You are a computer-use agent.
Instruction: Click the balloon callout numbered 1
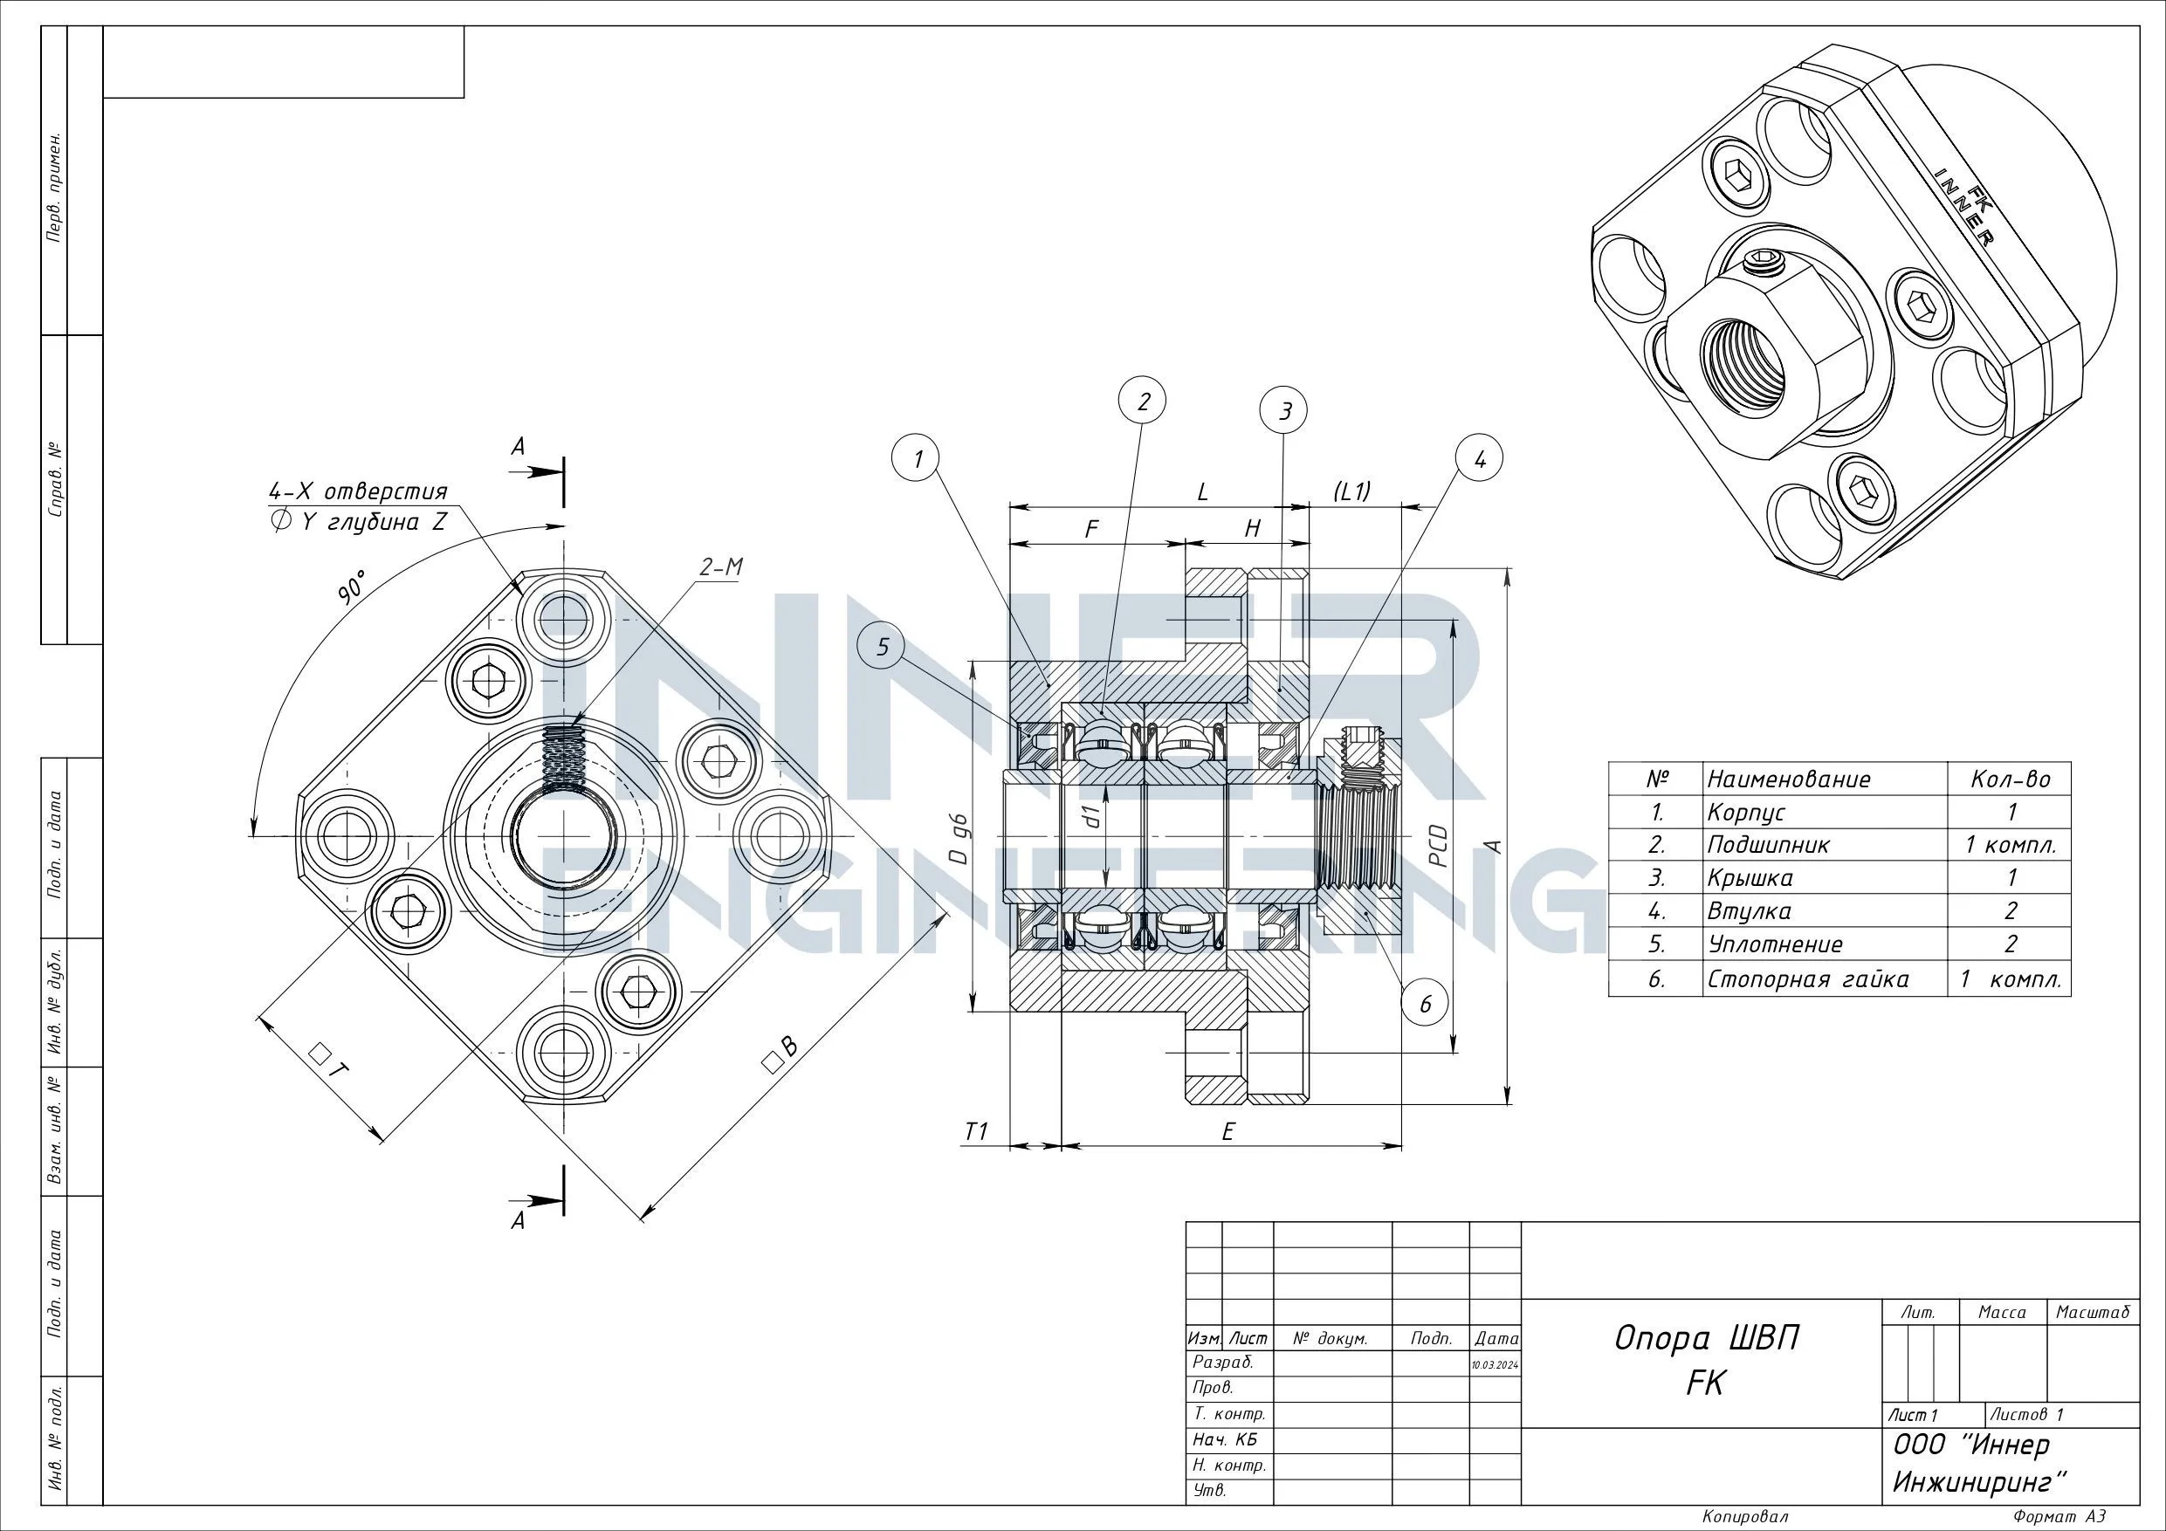coord(916,459)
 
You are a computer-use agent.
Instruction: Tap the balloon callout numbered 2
coord(1144,402)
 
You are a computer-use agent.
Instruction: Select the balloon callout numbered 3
coord(1284,410)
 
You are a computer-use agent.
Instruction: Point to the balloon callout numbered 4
coord(1479,459)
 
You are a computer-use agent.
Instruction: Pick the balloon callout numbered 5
coord(883,646)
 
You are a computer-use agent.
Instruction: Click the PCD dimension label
coord(1438,846)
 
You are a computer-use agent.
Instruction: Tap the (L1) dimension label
coord(1351,491)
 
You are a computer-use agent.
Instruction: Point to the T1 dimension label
coord(976,1131)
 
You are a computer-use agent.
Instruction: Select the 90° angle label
coord(353,586)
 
